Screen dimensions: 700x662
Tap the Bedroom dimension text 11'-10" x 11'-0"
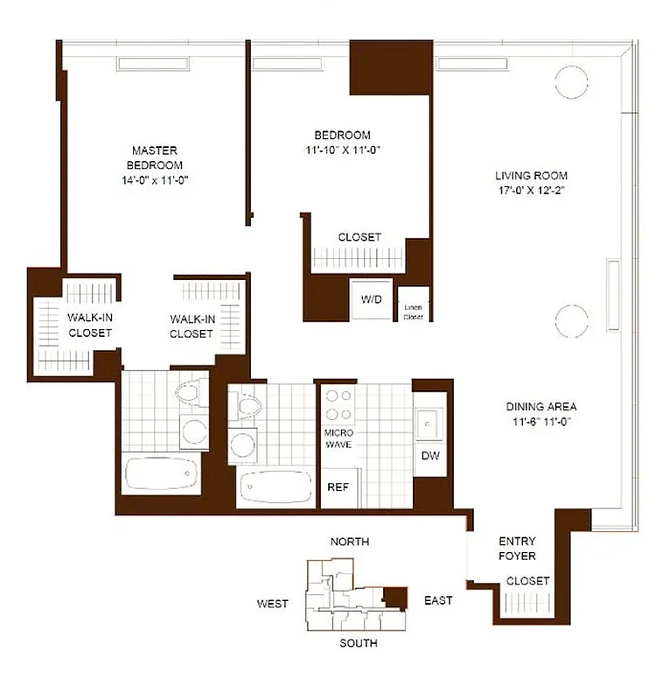tap(342, 150)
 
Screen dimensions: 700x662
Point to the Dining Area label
tap(540, 407)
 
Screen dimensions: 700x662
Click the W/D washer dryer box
tap(371, 298)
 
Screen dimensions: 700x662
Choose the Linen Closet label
tap(413, 311)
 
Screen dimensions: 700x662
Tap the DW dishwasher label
tap(429, 456)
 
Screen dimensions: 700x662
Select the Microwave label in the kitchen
tap(338, 439)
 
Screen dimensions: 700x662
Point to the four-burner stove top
tap(338, 404)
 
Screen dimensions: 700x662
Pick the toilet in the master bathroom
tap(188, 395)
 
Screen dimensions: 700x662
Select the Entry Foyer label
tap(517, 548)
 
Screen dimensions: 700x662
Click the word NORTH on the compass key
tap(350, 542)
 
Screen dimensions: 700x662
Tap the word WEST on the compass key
tap(272, 604)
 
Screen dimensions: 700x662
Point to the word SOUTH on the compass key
tap(359, 643)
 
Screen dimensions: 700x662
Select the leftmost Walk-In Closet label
tap(89, 325)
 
